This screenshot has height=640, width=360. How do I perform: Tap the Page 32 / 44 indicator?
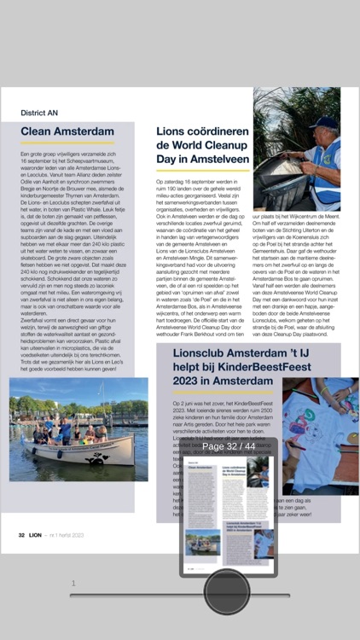coord(228,446)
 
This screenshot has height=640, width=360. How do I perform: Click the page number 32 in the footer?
coord(21,535)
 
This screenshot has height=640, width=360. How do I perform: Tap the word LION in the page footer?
coord(36,535)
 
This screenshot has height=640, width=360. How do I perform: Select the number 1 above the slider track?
coord(73,584)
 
